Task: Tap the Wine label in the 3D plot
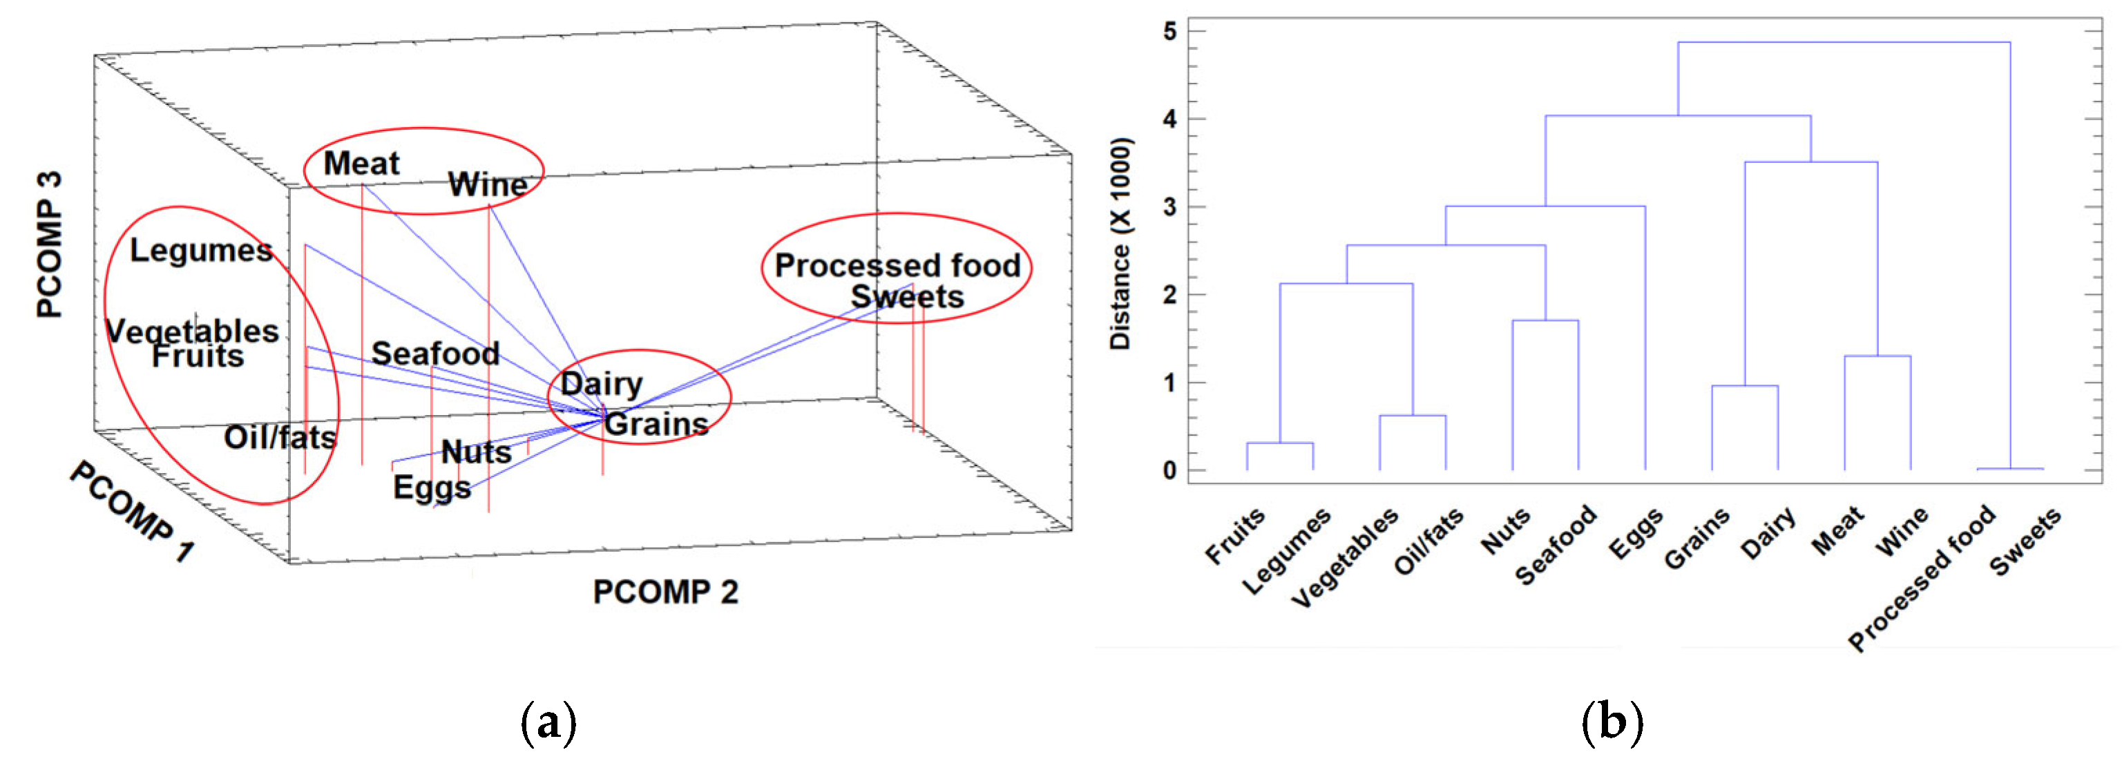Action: [488, 184]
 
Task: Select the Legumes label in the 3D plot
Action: [201, 251]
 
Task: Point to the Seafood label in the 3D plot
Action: [435, 354]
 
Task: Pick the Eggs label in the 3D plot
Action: [432, 487]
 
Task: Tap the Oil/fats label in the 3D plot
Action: [280, 436]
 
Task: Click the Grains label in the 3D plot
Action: [656, 424]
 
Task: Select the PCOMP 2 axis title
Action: [665, 592]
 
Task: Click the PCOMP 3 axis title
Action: [50, 244]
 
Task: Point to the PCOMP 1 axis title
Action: [132, 512]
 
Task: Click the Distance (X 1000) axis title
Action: [1120, 244]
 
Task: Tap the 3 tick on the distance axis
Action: [1169, 206]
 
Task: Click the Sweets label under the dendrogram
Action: [2025, 541]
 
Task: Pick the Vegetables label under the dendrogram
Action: [1344, 557]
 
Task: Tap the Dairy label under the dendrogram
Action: [1768, 533]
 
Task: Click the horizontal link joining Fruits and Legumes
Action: [1279, 443]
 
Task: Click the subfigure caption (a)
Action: [548, 722]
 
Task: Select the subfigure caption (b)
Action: [1612, 722]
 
